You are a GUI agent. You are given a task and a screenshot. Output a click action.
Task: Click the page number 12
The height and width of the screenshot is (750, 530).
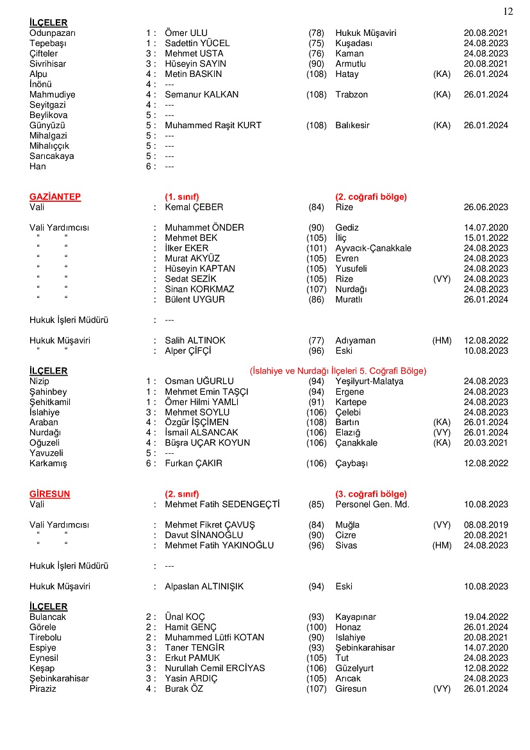click(x=508, y=12)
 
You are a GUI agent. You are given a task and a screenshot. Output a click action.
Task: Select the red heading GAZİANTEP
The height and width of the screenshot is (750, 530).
click(x=55, y=197)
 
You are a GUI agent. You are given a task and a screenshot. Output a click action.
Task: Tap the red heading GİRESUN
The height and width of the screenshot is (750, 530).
click(x=49, y=494)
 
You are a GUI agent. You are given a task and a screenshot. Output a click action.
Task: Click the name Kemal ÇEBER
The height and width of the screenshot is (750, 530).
click(x=194, y=207)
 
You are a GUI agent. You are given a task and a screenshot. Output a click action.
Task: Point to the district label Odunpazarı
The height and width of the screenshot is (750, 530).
click(x=53, y=33)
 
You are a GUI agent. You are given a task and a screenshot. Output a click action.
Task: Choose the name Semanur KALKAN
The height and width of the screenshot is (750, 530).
click(x=201, y=94)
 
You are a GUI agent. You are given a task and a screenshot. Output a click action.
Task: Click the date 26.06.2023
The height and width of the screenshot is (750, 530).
click(x=486, y=207)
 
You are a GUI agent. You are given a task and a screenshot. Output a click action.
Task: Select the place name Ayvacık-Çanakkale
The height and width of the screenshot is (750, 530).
click(x=373, y=248)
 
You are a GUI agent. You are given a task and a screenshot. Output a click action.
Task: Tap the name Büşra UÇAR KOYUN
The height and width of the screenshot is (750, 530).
click(x=207, y=443)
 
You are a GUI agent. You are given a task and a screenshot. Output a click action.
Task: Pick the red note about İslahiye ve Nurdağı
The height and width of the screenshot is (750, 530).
click(x=338, y=371)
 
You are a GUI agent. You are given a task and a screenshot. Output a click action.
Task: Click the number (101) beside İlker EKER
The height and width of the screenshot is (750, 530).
click(x=316, y=248)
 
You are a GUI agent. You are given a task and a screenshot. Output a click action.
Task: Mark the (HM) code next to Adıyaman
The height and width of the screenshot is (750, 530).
click(x=442, y=340)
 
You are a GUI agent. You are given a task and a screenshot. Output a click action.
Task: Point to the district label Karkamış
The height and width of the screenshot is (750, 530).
click(x=48, y=463)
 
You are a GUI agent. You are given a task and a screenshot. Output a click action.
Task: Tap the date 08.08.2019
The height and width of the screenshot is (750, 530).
click(x=486, y=525)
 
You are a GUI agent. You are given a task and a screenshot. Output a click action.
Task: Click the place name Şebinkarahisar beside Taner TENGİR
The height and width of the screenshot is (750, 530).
click(x=365, y=648)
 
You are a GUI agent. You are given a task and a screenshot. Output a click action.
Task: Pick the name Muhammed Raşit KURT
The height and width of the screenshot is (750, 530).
click(x=213, y=125)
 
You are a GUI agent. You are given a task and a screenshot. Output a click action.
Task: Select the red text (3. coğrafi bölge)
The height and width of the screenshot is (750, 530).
click(x=371, y=494)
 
